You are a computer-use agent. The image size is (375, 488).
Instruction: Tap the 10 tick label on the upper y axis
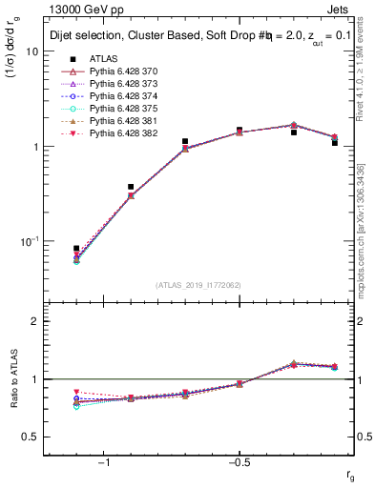31,52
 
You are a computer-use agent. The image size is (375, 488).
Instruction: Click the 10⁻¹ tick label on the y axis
29,241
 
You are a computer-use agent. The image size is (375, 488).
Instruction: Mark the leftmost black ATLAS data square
76,249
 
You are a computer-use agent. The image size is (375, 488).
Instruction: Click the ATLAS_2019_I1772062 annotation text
199,286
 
